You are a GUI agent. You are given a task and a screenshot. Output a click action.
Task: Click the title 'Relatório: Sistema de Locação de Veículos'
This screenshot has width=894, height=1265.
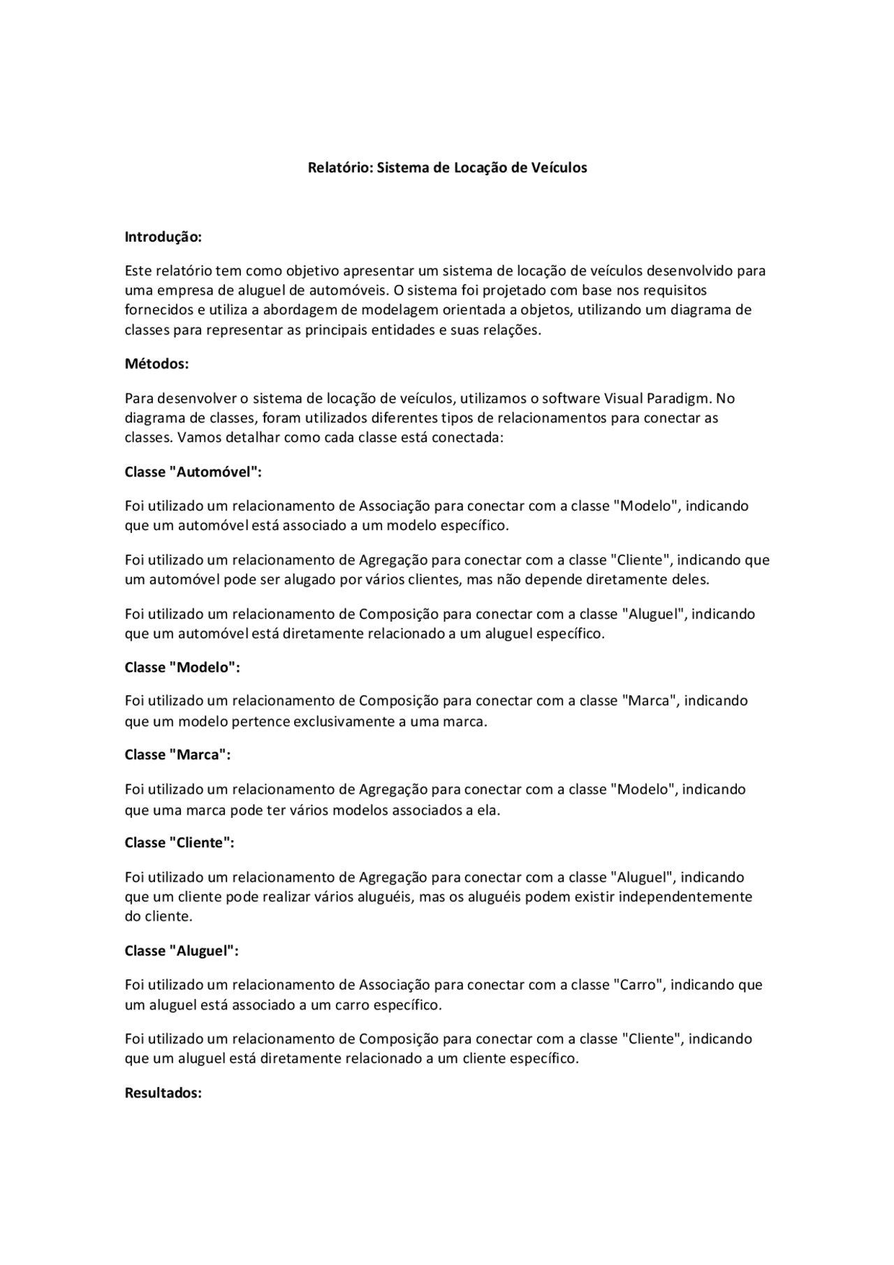click(x=447, y=168)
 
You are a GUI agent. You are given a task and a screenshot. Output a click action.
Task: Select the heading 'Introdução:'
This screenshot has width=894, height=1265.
click(x=163, y=237)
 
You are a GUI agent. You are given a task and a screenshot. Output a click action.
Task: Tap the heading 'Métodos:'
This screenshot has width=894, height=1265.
click(x=156, y=364)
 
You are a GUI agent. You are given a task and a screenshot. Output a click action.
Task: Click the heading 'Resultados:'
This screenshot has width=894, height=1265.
click(x=163, y=1092)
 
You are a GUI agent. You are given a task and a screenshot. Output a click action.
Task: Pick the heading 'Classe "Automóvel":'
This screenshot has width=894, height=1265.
click(x=193, y=471)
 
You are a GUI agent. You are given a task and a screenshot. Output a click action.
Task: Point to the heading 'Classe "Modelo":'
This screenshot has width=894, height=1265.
click(x=182, y=667)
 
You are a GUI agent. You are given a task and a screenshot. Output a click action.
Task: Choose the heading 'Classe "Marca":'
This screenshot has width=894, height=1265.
click(x=177, y=754)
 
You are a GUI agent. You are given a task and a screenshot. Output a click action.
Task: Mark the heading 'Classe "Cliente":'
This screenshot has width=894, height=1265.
click(x=179, y=842)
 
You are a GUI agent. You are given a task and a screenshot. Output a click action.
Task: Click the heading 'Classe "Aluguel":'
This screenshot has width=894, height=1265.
click(x=182, y=951)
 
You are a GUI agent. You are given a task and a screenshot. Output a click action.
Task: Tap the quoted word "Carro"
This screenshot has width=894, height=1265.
click(x=638, y=985)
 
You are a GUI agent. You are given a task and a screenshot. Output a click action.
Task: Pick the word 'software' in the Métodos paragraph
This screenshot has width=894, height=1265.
click(x=571, y=398)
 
